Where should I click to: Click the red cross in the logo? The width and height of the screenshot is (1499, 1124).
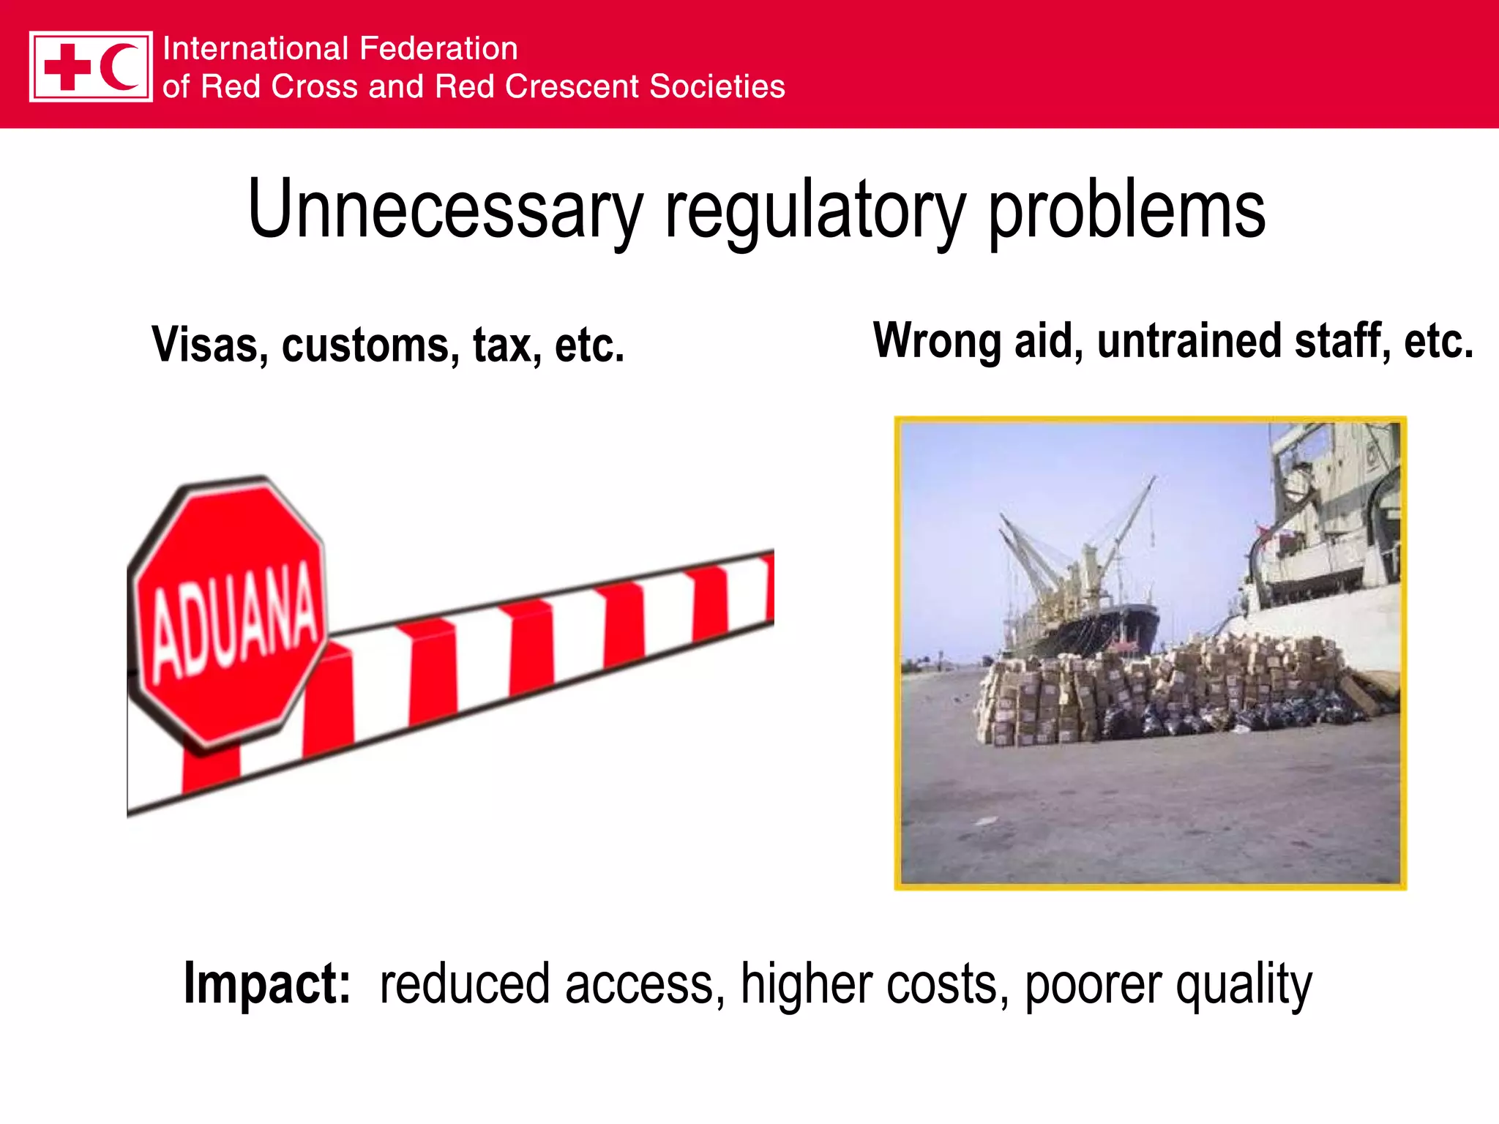coord(67,67)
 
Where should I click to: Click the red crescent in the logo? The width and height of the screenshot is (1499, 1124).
coord(119,67)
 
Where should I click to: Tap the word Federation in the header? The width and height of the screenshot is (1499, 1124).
coord(438,49)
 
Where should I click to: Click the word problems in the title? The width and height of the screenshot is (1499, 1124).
coord(1126,212)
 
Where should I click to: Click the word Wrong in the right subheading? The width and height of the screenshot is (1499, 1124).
coord(938,342)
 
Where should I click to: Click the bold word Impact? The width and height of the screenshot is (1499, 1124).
coord(267,983)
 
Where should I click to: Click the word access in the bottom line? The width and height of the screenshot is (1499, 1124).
coord(644,985)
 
